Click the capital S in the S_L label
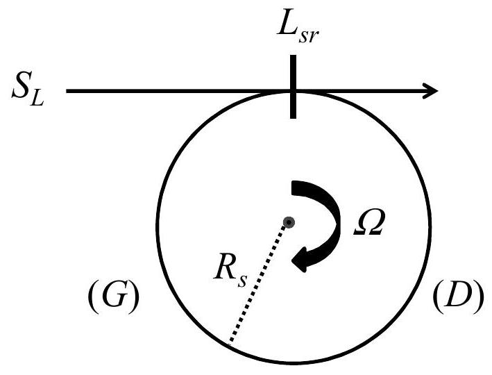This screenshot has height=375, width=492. point(21,86)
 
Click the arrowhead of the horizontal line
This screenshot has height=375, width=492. point(430,91)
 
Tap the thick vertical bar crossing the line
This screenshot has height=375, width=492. point(293,87)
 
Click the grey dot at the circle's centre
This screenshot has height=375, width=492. point(289,223)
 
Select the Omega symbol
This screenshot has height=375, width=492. point(368,222)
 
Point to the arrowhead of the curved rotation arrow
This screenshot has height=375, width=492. point(300,259)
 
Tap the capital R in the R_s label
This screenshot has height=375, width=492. point(226,268)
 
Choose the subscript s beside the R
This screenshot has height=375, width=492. point(242,281)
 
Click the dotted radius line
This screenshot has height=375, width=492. point(258,283)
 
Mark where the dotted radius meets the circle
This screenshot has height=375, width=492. point(229,344)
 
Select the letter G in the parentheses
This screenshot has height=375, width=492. point(114,296)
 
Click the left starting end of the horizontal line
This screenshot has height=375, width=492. point(67,91)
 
